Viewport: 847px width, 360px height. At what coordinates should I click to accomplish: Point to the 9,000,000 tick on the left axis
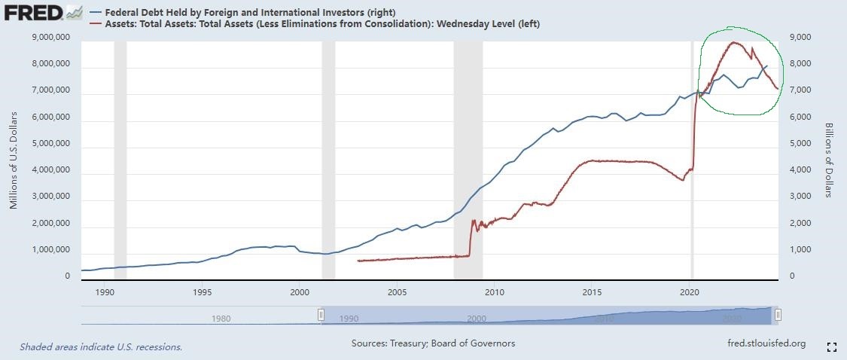pos(50,37)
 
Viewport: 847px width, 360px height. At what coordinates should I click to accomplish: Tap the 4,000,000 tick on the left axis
pos(50,170)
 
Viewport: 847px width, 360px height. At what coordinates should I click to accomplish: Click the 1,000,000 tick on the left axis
pos(50,250)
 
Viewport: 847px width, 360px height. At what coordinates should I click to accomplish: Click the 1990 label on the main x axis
pos(105,291)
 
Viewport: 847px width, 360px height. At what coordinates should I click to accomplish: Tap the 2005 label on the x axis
pos(397,291)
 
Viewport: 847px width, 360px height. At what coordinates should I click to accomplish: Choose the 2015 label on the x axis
pos(592,291)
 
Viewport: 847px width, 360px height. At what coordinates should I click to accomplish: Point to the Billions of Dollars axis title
pos(827,160)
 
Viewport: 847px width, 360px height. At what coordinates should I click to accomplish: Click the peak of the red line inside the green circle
pos(734,42)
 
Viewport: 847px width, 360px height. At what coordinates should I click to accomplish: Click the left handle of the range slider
pos(321,315)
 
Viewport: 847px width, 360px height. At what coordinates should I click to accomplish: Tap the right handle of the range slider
pos(778,315)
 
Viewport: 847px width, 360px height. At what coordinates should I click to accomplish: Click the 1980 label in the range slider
pos(221,319)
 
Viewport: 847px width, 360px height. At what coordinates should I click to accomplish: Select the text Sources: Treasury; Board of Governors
pos(433,343)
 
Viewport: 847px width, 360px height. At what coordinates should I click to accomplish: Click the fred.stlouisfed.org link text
pos(763,343)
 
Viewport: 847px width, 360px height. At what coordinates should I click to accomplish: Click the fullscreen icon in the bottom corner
pos(832,346)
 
